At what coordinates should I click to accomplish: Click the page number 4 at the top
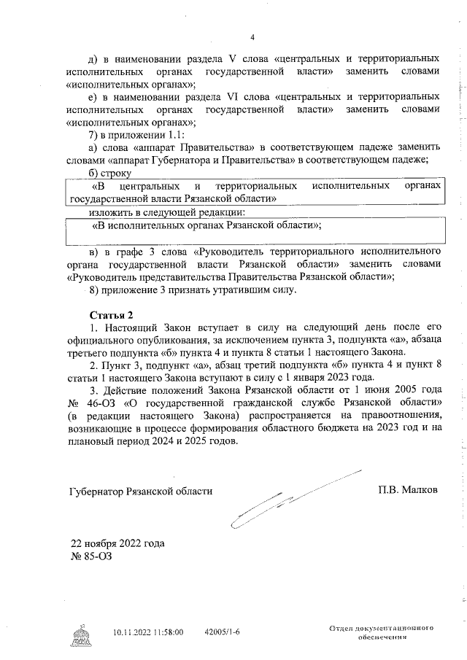252,38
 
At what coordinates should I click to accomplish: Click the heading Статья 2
107,315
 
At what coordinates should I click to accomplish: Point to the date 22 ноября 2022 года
117,543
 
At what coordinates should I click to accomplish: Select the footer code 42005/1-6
223,633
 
